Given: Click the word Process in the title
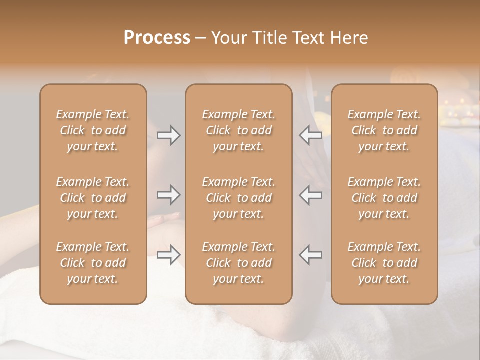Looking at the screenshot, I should coord(157,37).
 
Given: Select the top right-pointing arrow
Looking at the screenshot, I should coord(169,135).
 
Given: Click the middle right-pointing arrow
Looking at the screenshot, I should coord(169,195).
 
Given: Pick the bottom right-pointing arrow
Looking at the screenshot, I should coord(169,255).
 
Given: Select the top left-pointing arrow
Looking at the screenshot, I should coord(311,135).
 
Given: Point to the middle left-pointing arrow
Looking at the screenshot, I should coord(311,195).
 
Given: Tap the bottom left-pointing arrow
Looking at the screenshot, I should coord(311,255).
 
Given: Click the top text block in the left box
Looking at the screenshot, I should coord(93,130).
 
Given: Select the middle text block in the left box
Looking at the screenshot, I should coord(93,198).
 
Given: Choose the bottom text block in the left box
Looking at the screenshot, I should coord(93,263).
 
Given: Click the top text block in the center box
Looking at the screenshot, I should coord(239,130).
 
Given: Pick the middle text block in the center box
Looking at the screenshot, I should coord(239,198).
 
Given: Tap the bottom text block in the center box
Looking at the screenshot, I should coord(239,263).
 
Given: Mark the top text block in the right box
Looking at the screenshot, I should coord(384,130).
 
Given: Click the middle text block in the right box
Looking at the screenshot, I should coord(384,198).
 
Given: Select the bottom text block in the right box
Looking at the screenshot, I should coord(384,263).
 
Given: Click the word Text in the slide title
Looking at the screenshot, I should coord(309,37).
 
